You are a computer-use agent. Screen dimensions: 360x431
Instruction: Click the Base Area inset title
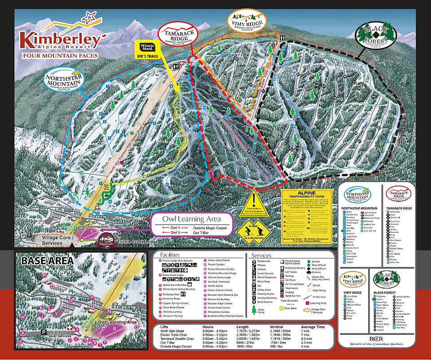(x=41, y=260)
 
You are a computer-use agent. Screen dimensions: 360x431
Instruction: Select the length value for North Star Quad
(x=246, y=330)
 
